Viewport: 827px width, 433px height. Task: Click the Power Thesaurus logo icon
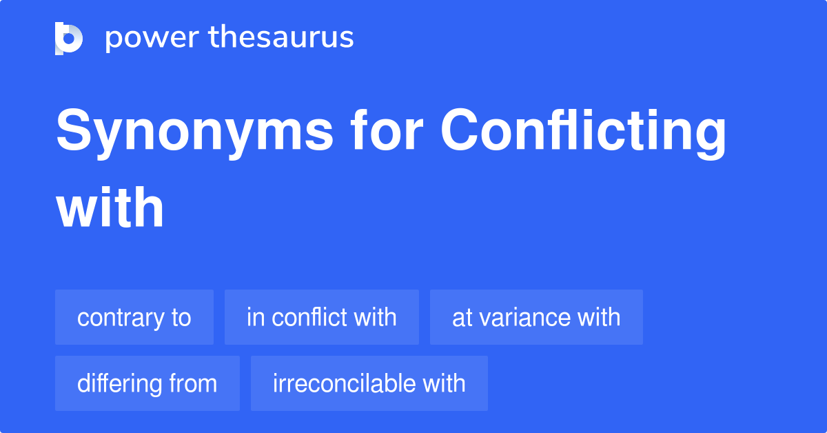click(x=69, y=38)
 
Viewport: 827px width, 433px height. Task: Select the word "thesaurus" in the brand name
click(x=281, y=38)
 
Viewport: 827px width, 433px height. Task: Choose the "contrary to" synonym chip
click(x=134, y=317)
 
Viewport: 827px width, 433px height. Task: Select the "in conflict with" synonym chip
click(x=322, y=317)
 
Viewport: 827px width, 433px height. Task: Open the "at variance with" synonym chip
click(x=536, y=317)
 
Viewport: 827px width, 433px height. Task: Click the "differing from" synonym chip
click(x=147, y=383)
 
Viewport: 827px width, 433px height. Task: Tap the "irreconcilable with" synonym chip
click(x=369, y=383)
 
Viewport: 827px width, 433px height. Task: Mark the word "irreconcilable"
click(x=346, y=383)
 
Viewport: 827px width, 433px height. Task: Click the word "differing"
click(x=119, y=383)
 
